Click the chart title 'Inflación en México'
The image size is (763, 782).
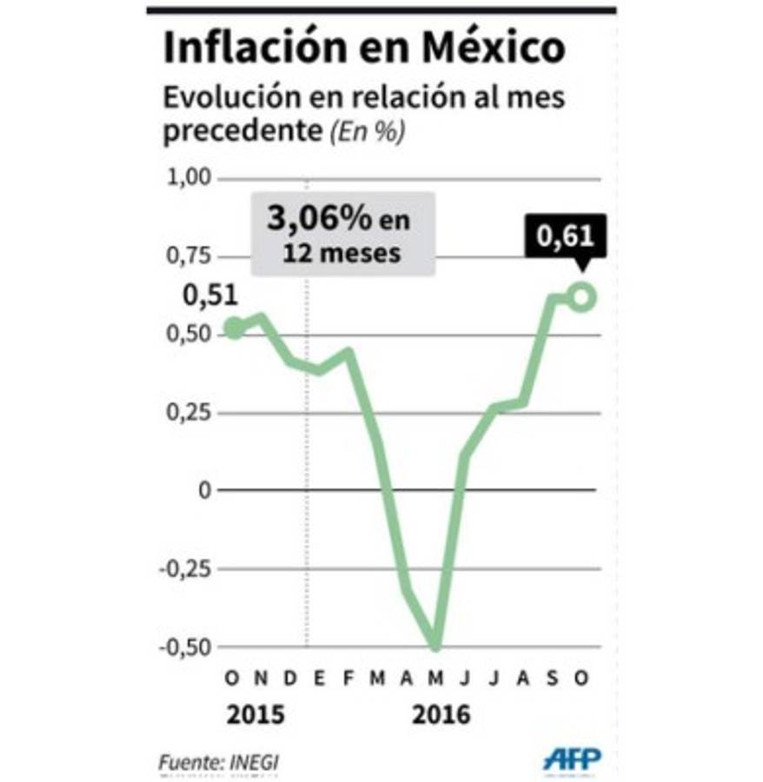click(x=363, y=49)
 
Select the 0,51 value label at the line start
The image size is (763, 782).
click(x=210, y=296)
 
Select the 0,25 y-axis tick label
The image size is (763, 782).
click(x=188, y=412)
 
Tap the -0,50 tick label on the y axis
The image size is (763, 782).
click(x=184, y=647)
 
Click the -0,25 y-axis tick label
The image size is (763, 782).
click(x=184, y=569)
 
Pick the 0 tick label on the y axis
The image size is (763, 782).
click(x=205, y=490)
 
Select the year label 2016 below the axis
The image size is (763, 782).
click(x=441, y=716)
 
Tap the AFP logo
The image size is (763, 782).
click(x=572, y=759)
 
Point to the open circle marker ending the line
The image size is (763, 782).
click(x=581, y=297)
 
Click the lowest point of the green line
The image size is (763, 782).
click(x=435, y=645)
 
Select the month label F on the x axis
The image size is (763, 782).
click(x=348, y=678)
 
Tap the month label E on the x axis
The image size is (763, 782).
click(x=320, y=678)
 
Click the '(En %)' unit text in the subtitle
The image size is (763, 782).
click(x=365, y=131)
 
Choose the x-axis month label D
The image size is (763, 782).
click(x=290, y=678)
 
